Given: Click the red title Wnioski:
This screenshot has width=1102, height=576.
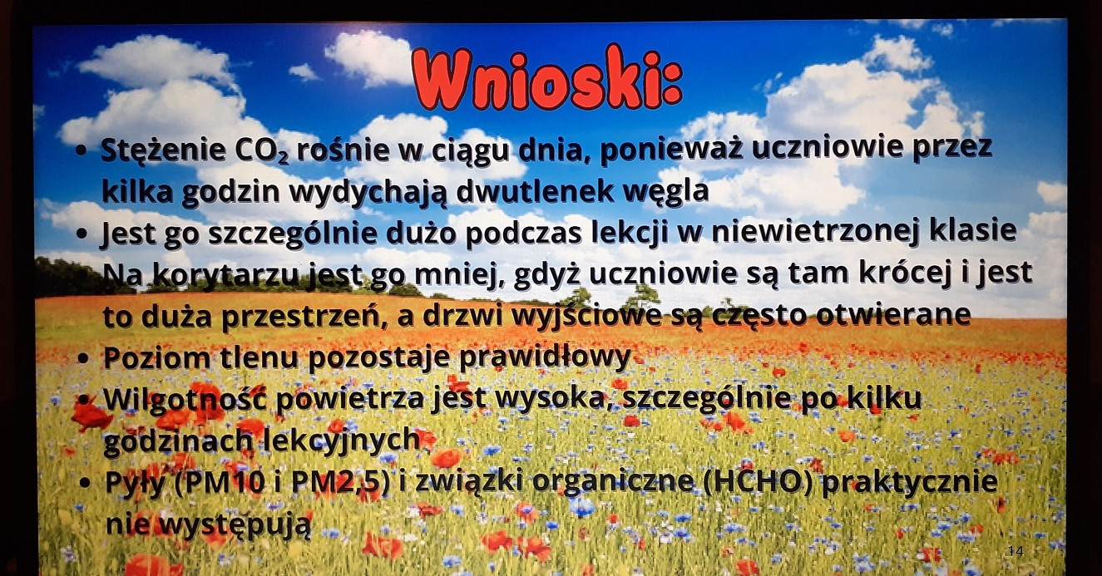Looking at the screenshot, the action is pos(547,80).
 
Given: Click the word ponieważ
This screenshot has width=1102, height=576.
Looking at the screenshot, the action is pos(670,150).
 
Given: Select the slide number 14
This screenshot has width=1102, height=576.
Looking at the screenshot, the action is pos(1016,551).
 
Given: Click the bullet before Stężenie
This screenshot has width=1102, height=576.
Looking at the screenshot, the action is pos(82,151).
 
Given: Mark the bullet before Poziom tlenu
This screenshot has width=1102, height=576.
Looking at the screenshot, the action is pos(83,357).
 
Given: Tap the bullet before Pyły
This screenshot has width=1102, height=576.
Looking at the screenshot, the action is pos(85,483).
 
